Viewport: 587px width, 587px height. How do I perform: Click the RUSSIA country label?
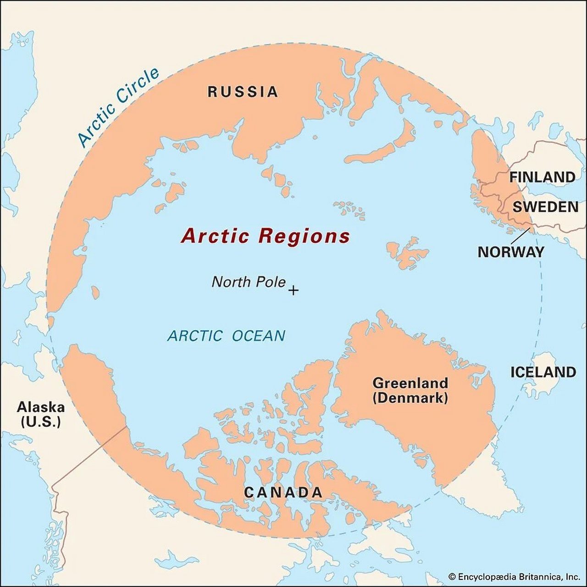(x=243, y=92)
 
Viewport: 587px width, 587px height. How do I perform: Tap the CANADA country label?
(x=283, y=493)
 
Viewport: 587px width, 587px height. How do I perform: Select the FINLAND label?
(x=542, y=177)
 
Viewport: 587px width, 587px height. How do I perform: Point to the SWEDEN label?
(x=545, y=207)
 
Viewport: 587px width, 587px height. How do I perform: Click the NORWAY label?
(x=510, y=252)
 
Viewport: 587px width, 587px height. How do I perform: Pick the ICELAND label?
(x=543, y=372)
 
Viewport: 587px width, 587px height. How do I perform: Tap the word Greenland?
(x=410, y=383)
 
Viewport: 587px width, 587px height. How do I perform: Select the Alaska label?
(x=40, y=407)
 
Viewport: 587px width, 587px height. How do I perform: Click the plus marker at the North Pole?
(x=293, y=290)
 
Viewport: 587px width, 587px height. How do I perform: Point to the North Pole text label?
(x=248, y=282)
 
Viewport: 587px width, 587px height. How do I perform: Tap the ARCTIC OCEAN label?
(x=226, y=336)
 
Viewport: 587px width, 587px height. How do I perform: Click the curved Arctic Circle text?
(x=118, y=107)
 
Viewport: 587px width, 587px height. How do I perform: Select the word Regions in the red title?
(x=304, y=236)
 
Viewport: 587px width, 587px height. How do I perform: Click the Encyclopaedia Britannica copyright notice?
(x=514, y=576)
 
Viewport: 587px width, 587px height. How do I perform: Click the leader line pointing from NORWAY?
(x=521, y=236)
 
